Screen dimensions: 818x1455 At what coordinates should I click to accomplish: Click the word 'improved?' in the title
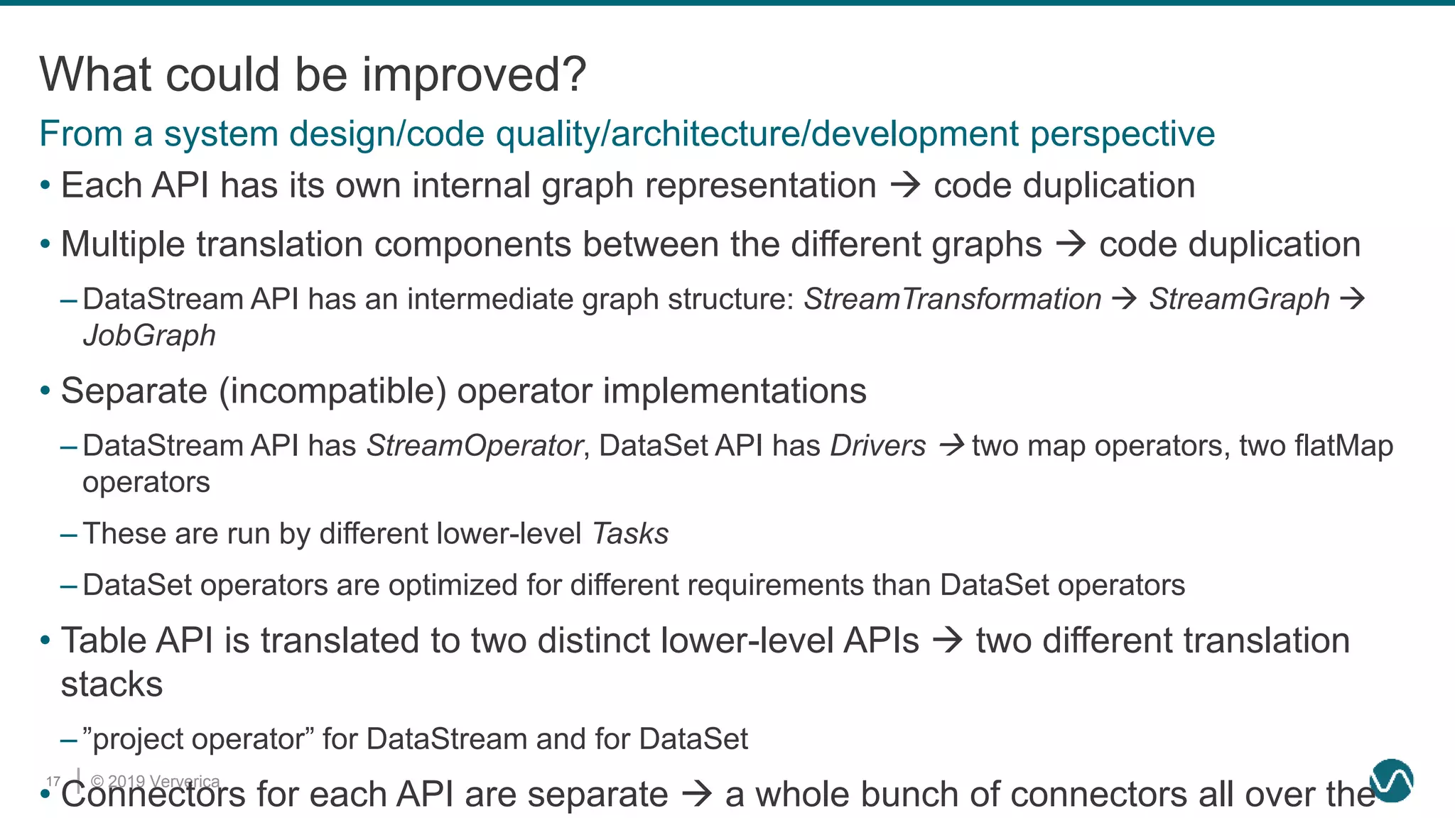474,75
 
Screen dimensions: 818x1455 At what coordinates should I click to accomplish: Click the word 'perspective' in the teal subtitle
1123,134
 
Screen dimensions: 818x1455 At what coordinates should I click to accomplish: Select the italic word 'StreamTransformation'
952,299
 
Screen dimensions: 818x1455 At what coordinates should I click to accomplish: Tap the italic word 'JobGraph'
149,336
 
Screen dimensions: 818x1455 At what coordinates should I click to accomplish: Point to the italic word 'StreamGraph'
1239,299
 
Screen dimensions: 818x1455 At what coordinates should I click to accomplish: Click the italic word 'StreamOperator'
475,446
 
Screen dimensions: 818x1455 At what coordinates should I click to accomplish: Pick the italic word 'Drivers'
878,446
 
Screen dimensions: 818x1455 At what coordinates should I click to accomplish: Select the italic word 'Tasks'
630,534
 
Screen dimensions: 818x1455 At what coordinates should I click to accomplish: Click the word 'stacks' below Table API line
112,685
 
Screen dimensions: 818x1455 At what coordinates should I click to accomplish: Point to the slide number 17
53,781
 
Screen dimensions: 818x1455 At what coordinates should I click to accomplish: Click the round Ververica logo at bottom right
1392,780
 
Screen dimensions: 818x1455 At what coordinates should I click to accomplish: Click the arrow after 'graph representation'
906,186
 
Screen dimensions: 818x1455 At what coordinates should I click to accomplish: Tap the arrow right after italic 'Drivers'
951,446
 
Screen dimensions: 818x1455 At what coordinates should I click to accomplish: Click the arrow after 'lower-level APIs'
948,640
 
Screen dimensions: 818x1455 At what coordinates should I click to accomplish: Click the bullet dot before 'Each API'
45,186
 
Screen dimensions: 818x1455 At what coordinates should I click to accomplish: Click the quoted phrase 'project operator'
203,739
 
